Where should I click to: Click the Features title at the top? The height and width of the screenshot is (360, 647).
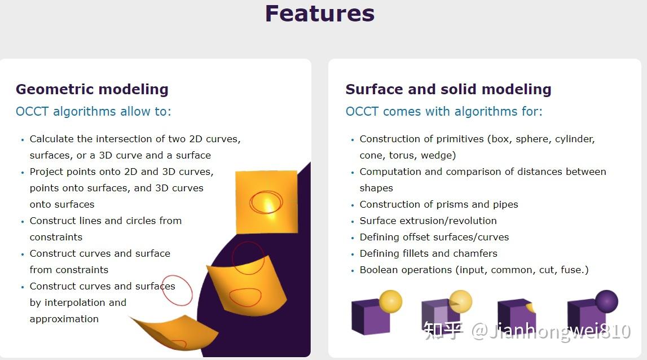[x=320, y=13]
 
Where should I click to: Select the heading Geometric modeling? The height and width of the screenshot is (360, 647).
[x=92, y=89]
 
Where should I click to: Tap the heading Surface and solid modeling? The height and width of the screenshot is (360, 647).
[x=448, y=89]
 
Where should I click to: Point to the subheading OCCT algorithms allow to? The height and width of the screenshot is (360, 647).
[x=93, y=112]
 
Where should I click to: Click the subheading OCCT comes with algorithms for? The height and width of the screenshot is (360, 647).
[x=444, y=112]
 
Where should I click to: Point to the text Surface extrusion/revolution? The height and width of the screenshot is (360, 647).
[x=428, y=221]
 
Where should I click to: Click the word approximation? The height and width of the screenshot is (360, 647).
[x=64, y=319]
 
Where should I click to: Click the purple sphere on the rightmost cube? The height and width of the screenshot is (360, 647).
[x=606, y=301]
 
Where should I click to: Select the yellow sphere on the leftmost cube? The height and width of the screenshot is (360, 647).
[x=390, y=301]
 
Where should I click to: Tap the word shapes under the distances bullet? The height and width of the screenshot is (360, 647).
[x=376, y=188]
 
